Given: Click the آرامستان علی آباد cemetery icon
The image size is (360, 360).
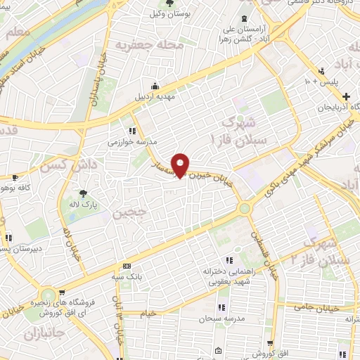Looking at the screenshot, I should pos(243,18).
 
